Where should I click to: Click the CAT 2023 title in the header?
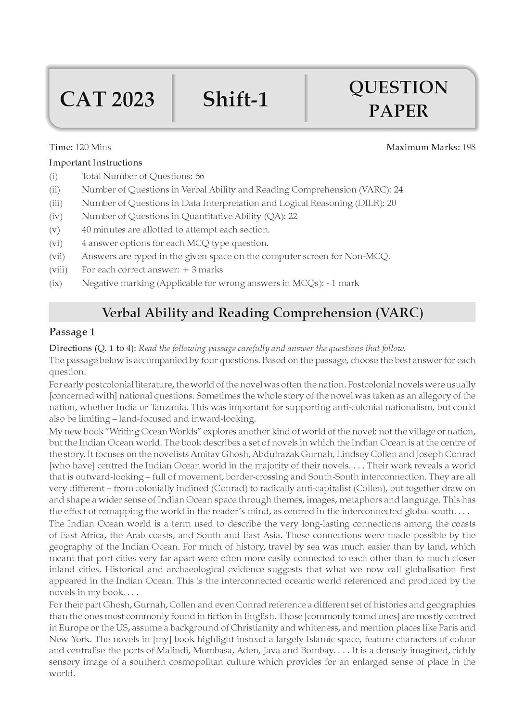(x=107, y=100)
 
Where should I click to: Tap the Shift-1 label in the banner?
(x=235, y=100)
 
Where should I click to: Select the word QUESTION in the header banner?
(x=398, y=88)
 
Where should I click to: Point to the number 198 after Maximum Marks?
(x=469, y=147)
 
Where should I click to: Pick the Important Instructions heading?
(x=95, y=163)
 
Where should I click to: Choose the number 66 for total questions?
(x=200, y=176)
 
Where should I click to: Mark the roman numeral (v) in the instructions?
(x=55, y=230)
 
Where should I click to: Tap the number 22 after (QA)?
(x=293, y=216)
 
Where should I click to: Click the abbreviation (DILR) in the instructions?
(x=369, y=203)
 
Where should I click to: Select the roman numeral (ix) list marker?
(x=55, y=283)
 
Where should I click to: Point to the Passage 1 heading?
(x=72, y=332)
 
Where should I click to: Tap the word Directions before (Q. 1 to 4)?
(x=70, y=348)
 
